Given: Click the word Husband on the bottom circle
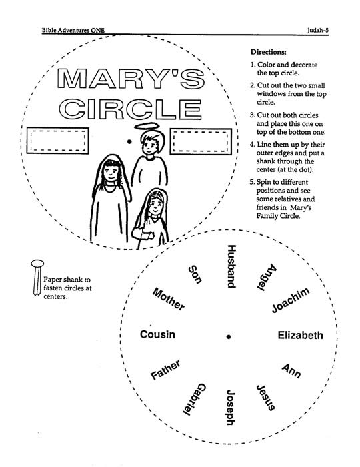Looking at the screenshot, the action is pos(231,266).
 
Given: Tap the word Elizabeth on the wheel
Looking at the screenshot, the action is pos(300,335).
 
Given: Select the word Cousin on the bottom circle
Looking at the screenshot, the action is pos(157,334).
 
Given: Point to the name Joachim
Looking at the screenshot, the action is pos(291,300).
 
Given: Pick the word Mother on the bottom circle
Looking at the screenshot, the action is pos(169,299).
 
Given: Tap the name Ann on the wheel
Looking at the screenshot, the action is pos(291,371).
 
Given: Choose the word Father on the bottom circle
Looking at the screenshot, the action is pos(165,370).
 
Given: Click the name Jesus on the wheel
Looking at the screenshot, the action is pos(266,398).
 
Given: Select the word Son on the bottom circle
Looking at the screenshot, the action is pos(195,274).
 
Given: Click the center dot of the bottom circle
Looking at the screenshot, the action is pos(229,336).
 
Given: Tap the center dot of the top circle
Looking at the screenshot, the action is pos(129,141).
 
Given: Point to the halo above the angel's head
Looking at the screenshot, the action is pos(149,126).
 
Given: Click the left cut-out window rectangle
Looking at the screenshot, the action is pos(58,141).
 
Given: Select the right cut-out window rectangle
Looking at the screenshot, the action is pos(201,141).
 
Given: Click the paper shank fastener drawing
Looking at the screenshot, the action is pos(37,277).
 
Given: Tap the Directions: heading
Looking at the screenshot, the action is pos(269,52).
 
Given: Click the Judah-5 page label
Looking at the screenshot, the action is pos(318,30).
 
